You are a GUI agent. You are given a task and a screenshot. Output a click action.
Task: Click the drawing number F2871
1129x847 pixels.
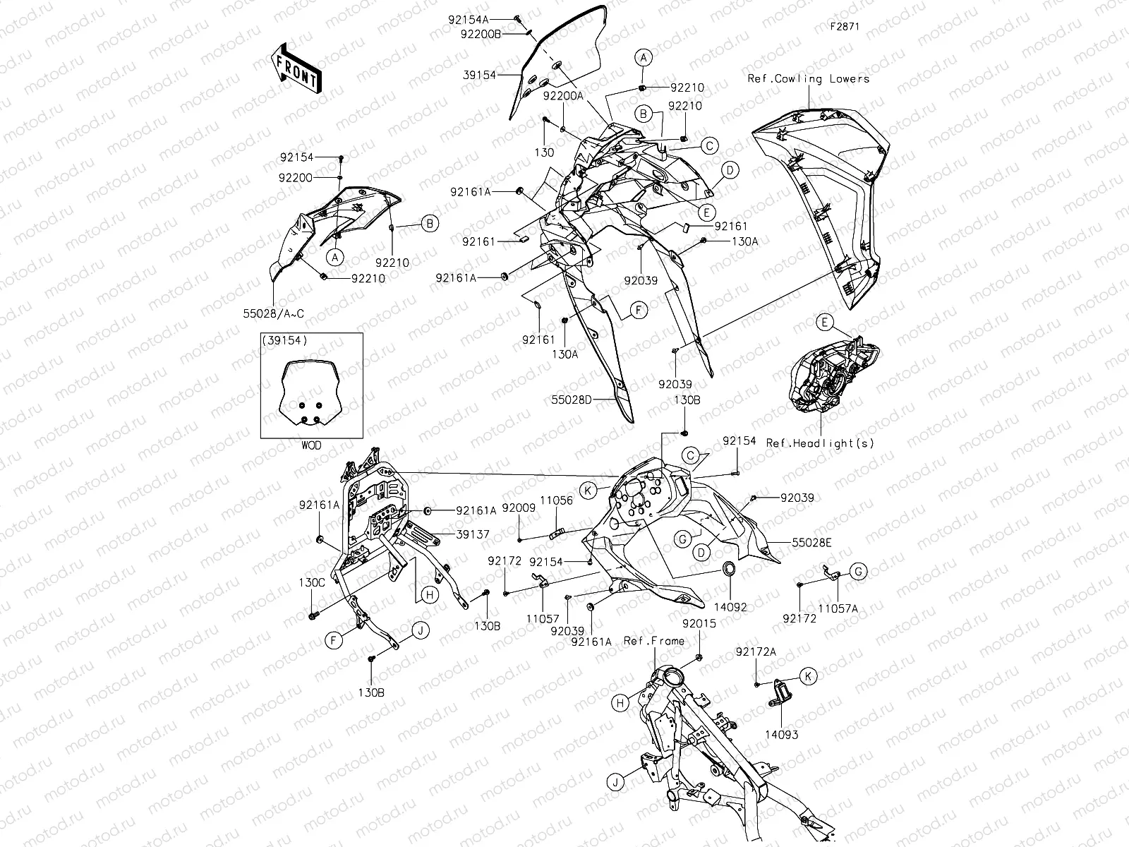(x=845, y=28)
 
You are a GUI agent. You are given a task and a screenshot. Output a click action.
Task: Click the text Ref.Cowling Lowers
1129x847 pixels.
(x=809, y=78)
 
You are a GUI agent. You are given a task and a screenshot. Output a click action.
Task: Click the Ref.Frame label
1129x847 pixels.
(x=654, y=641)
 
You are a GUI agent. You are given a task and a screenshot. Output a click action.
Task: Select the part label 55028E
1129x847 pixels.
(x=811, y=542)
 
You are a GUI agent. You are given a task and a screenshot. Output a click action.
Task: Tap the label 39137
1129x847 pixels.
(x=473, y=535)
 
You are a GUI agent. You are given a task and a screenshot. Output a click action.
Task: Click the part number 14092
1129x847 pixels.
(x=730, y=606)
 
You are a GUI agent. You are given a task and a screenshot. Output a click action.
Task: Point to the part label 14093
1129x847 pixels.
(x=781, y=735)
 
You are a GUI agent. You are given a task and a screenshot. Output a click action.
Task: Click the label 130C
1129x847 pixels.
(x=312, y=583)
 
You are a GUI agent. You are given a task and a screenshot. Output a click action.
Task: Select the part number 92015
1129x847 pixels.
(x=699, y=624)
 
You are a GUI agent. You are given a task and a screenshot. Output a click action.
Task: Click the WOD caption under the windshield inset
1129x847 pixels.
(x=311, y=445)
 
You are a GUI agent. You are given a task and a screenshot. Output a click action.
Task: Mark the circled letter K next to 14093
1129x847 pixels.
(x=809, y=676)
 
